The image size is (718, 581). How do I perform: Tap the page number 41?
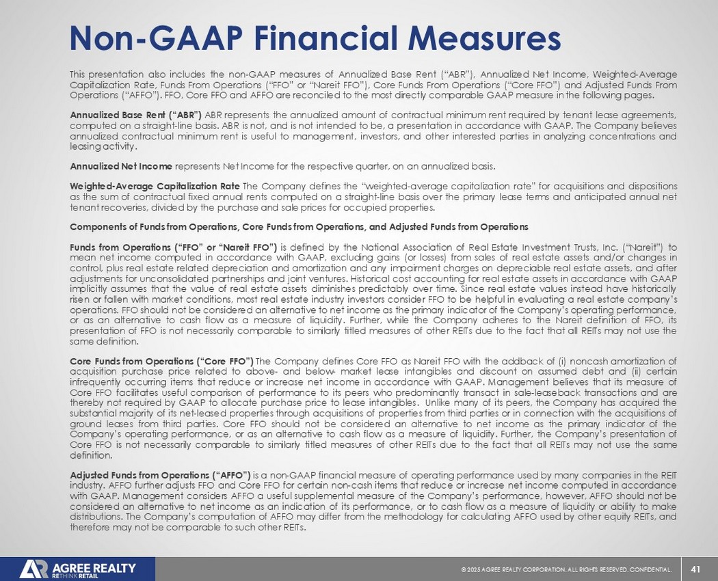click(697, 569)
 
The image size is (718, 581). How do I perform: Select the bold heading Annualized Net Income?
click(122, 166)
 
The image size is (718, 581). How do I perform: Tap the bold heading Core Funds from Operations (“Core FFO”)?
click(161, 361)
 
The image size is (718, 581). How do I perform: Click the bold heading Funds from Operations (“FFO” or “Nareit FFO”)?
click(174, 247)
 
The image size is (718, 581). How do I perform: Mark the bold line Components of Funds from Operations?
click(299, 226)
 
